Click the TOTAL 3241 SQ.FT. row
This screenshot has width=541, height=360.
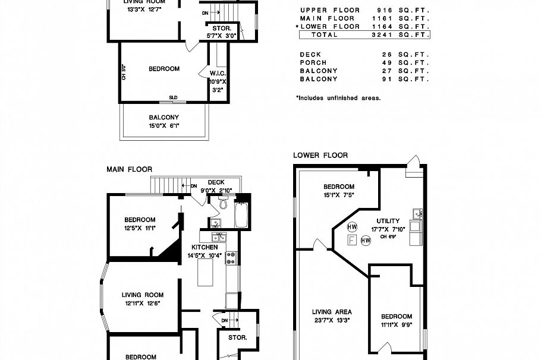(x=364, y=35)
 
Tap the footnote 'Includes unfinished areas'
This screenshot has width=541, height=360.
(x=338, y=98)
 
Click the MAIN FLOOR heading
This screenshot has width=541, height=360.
(x=129, y=169)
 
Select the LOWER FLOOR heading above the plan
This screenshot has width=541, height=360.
(x=320, y=155)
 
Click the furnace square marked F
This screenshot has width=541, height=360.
(x=352, y=240)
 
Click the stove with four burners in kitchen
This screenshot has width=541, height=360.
(x=232, y=257)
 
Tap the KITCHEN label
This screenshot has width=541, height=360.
(x=204, y=247)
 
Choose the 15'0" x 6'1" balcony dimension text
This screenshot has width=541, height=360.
(x=163, y=126)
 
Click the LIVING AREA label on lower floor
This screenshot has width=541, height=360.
(x=332, y=311)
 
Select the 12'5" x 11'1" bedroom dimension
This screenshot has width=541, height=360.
(x=140, y=228)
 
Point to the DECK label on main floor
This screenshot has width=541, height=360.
(x=215, y=182)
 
